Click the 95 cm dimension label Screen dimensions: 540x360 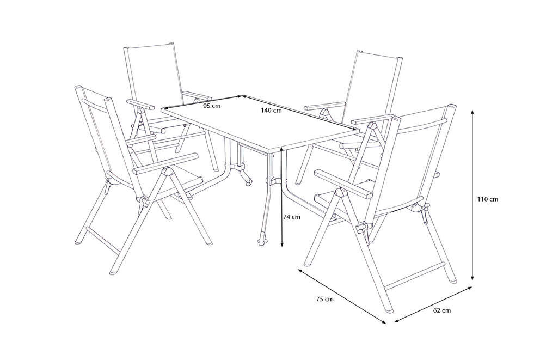click(212, 106)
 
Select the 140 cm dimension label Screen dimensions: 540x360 click(271, 110)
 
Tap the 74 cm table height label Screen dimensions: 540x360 click(291, 217)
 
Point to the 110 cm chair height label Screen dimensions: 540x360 click(488, 199)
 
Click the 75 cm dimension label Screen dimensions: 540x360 click(325, 299)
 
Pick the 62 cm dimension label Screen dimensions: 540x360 click(442, 310)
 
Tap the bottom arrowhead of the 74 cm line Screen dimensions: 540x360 click(282, 245)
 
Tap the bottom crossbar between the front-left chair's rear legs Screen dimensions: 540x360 click(102, 240)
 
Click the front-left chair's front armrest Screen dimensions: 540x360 click(165, 163)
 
